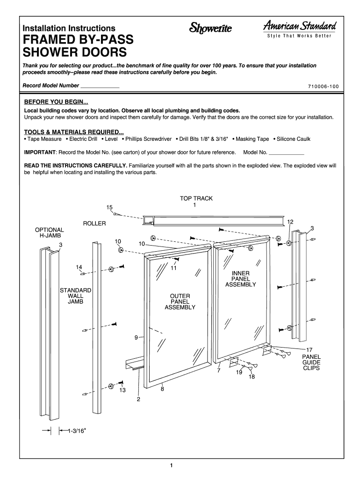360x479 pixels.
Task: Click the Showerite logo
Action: point(211,29)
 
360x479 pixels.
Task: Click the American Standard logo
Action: point(300,29)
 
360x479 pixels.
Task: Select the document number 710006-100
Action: point(324,87)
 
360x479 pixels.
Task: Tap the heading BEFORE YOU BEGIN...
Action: point(56,102)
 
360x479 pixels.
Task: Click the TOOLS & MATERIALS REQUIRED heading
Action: point(74,132)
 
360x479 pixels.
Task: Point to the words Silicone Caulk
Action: point(294,139)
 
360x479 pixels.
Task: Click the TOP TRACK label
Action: point(196,198)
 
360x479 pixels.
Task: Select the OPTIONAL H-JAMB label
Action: point(50,232)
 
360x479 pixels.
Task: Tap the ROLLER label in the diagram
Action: point(94,224)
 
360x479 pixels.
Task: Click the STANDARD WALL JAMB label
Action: point(75,296)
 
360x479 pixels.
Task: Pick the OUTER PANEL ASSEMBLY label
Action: point(180,302)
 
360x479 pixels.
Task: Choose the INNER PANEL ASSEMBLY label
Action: point(241,279)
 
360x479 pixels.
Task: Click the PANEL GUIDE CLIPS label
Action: point(311,363)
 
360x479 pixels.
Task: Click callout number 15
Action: point(109,207)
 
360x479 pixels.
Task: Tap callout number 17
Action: point(310,350)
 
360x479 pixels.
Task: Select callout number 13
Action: point(122,390)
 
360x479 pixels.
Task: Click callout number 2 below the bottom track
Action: point(138,399)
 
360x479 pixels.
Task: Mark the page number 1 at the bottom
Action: point(171,465)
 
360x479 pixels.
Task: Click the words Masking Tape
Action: point(252,139)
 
